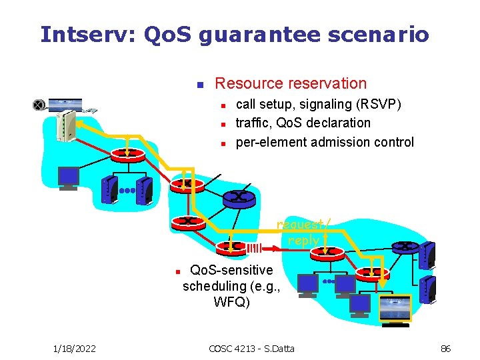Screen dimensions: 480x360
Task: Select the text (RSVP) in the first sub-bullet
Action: [381, 105]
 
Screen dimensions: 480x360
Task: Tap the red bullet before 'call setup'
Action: [225, 105]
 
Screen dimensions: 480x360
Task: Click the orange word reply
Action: [304, 240]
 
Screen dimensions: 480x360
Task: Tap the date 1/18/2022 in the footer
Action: [74, 348]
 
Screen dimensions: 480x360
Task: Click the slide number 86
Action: [446, 348]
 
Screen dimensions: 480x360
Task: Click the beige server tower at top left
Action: [65, 126]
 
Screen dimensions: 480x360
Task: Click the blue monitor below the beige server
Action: [69, 177]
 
